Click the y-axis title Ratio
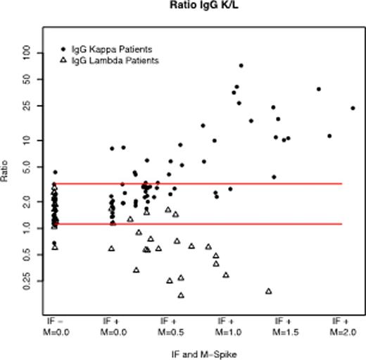click(x=6, y=175)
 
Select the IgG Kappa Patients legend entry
click(x=112, y=49)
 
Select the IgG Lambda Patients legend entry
click(x=115, y=61)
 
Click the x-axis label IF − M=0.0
click(x=53, y=325)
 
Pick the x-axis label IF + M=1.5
click(x=279, y=325)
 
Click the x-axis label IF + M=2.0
click(x=339, y=325)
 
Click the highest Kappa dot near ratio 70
click(x=241, y=66)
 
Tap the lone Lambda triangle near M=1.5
click(x=268, y=291)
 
